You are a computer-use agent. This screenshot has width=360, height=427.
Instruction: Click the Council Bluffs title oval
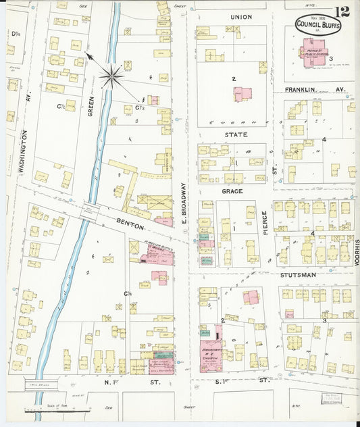tap(318, 26)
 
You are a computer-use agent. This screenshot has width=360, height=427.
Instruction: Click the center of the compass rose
tap(111, 75)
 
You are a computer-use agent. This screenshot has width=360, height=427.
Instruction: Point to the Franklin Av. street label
tap(307, 89)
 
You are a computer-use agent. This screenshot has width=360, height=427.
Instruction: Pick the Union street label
tap(240, 17)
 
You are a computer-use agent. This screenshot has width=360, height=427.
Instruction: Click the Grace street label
tap(232, 191)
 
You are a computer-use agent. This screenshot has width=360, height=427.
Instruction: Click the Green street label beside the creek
tap(90, 105)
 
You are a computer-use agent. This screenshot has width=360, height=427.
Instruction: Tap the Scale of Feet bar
tap(57, 410)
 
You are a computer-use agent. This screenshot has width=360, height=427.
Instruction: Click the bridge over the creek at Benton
tap(89, 211)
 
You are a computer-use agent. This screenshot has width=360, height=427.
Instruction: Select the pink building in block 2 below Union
tap(242, 94)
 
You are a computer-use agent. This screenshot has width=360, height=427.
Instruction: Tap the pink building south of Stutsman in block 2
tap(251, 297)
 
